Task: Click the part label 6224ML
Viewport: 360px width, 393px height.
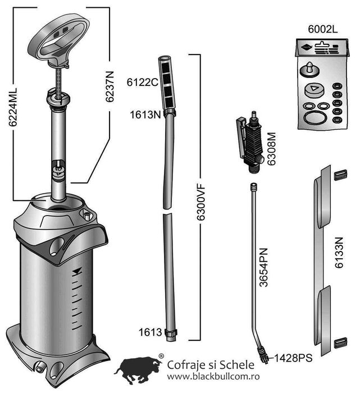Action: pyautogui.click(x=12, y=107)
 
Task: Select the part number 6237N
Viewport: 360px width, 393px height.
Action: pyautogui.click(x=110, y=86)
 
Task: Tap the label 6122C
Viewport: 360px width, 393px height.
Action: pyautogui.click(x=143, y=82)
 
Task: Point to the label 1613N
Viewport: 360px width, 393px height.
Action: pyautogui.click(x=145, y=115)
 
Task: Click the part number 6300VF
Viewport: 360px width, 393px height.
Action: pyautogui.click(x=200, y=202)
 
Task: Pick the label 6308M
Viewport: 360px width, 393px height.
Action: pyautogui.click(x=271, y=149)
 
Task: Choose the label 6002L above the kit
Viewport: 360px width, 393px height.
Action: pyautogui.click(x=322, y=29)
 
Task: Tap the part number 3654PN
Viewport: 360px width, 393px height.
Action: pyautogui.click(x=264, y=267)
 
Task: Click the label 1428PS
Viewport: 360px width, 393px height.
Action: pyautogui.click(x=293, y=358)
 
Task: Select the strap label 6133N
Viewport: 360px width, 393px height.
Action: pyautogui.click(x=339, y=253)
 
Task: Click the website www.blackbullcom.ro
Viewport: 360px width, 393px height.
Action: pyautogui.click(x=213, y=377)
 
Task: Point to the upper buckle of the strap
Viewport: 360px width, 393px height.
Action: pyautogui.click(x=340, y=175)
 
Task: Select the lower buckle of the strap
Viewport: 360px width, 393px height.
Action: pyautogui.click(x=340, y=342)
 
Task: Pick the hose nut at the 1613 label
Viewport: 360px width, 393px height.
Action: pyautogui.click(x=171, y=333)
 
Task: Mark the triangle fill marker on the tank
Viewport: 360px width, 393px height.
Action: pyautogui.click(x=77, y=272)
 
